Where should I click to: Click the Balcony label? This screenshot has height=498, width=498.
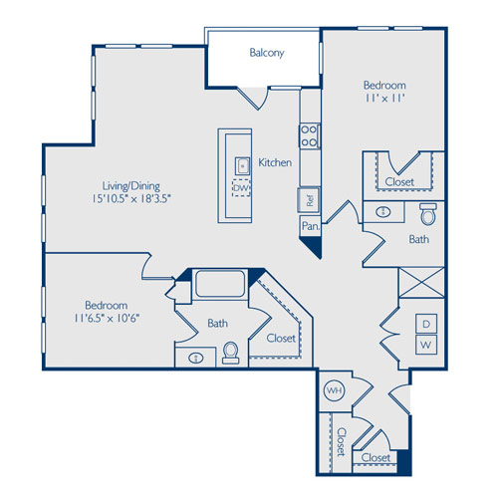pyautogui.click(x=267, y=53)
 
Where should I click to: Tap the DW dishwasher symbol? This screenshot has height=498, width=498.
pyautogui.click(x=241, y=188)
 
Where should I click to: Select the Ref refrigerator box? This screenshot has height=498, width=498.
pyautogui.click(x=309, y=200)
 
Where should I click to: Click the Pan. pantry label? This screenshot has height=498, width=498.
pyautogui.click(x=311, y=226)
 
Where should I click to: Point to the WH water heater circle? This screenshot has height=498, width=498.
pyautogui.click(x=335, y=390)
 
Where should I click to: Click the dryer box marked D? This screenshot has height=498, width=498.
pyautogui.click(x=426, y=324)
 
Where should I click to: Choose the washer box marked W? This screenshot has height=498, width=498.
pyautogui.click(x=426, y=345)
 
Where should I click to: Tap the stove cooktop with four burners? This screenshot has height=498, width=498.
pyautogui.click(x=310, y=135)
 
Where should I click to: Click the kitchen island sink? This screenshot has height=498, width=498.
pyautogui.click(x=243, y=166)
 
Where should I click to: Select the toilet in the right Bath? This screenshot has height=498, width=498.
pyautogui.click(x=428, y=214)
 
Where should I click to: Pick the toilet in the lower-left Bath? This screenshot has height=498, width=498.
pyautogui.click(x=230, y=353)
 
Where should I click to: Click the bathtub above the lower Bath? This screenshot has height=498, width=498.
pyautogui.click(x=220, y=284)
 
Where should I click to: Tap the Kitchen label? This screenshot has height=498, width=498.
pyautogui.click(x=275, y=162)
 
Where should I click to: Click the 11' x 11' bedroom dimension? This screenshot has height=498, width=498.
pyautogui.click(x=385, y=99)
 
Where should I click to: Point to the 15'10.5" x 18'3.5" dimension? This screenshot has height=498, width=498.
pyautogui.click(x=131, y=199)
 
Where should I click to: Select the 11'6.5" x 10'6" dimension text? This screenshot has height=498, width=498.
pyautogui.click(x=107, y=319)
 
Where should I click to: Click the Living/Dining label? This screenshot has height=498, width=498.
pyautogui.click(x=131, y=186)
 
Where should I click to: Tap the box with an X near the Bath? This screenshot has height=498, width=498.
pyautogui.click(x=421, y=283)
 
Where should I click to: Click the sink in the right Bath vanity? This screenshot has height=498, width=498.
pyautogui.click(x=382, y=212)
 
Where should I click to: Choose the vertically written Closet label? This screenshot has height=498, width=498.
pyautogui.click(x=341, y=441)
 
